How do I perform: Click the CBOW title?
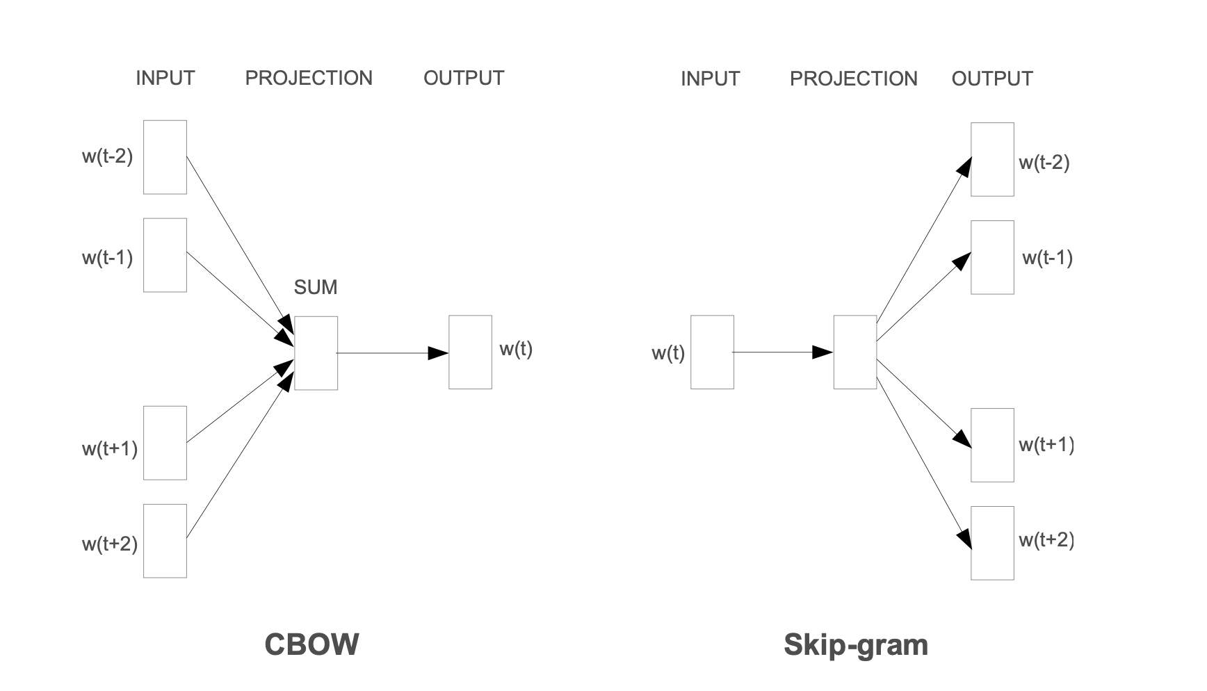pyautogui.click(x=311, y=644)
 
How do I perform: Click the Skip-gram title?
pyautogui.click(x=855, y=644)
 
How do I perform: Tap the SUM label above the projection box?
pyautogui.click(x=316, y=287)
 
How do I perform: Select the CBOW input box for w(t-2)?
pyautogui.click(x=165, y=157)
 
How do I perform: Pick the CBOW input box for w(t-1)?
pyautogui.click(x=165, y=255)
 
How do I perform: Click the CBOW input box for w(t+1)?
pyautogui.click(x=165, y=443)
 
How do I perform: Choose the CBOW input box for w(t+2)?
pyautogui.click(x=165, y=541)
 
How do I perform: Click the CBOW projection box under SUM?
pyautogui.click(x=316, y=353)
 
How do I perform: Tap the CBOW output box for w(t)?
pyautogui.click(x=470, y=352)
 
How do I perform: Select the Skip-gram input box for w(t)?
pyautogui.click(x=712, y=352)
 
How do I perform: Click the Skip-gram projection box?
pyautogui.click(x=854, y=352)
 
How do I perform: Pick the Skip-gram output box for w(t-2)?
pyautogui.click(x=992, y=159)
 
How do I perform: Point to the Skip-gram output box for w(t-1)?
pyautogui.click(x=992, y=257)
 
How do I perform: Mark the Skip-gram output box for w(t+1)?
pyautogui.click(x=992, y=445)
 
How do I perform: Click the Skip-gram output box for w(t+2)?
pyautogui.click(x=992, y=543)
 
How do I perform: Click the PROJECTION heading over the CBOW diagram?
pyautogui.click(x=309, y=78)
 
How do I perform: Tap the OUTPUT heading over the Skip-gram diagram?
pyautogui.click(x=992, y=79)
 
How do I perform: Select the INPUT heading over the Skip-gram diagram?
pyautogui.click(x=710, y=79)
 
